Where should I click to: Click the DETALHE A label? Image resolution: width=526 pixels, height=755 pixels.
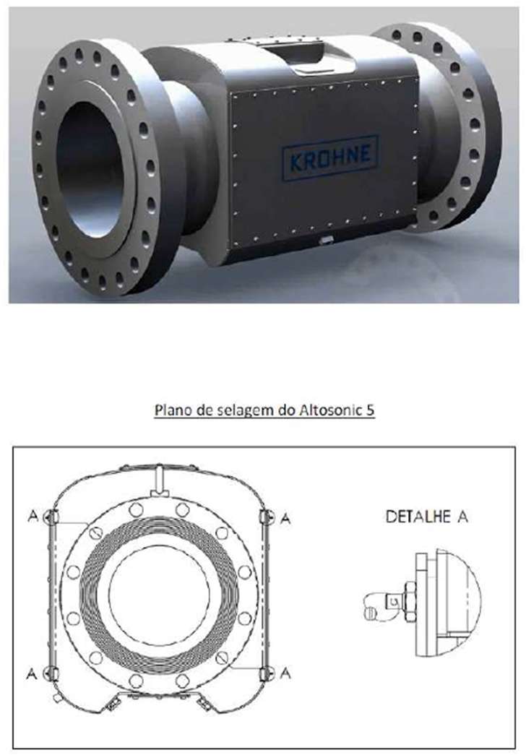[x=427, y=517]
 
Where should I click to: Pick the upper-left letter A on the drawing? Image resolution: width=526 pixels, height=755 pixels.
[x=33, y=516]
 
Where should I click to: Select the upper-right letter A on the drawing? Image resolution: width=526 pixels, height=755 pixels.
[x=285, y=519]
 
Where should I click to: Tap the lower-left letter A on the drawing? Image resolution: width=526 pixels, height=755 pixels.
[x=32, y=673]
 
